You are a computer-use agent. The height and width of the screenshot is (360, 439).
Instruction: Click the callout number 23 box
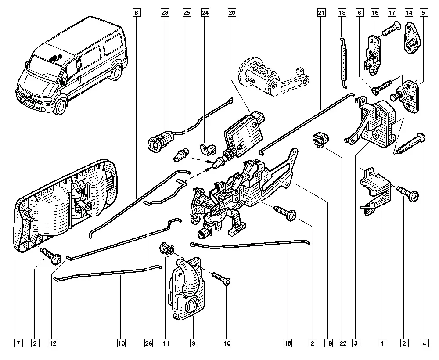click(165, 13)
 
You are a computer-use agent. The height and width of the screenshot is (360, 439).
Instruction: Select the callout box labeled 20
click(232, 13)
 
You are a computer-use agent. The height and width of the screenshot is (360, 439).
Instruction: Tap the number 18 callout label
click(342, 13)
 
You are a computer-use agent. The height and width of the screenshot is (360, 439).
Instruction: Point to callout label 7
click(18, 343)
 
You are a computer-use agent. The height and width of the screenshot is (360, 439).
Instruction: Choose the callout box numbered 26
click(149, 343)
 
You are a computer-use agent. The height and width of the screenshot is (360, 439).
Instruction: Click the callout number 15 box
click(288, 343)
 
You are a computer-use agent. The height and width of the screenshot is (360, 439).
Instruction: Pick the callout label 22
click(343, 343)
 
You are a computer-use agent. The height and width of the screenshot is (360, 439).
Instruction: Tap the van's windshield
click(45, 66)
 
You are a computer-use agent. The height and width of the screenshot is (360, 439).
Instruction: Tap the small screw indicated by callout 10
click(221, 278)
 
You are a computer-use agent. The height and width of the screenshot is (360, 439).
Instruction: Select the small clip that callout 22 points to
click(320, 139)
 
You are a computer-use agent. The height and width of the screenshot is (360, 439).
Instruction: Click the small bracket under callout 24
click(208, 148)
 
